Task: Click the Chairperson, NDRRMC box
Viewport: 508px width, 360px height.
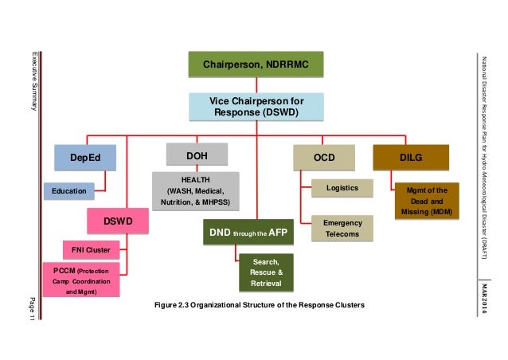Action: click(x=256, y=64)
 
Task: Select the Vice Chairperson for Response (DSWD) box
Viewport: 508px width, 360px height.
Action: click(x=256, y=108)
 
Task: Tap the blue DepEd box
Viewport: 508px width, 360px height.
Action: click(x=85, y=157)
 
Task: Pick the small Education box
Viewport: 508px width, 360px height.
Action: click(x=69, y=192)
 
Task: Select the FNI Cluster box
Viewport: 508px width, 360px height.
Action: click(x=90, y=250)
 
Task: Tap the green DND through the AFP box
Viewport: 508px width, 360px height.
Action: click(x=248, y=233)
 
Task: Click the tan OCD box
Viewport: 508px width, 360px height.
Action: click(x=323, y=158)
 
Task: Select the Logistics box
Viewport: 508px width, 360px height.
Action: click(x=342, y=188)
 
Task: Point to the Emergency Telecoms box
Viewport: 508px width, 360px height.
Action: click(x=342, y=229)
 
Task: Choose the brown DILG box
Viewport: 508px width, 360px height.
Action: click(x=410, y=158)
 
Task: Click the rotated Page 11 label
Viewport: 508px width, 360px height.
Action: click(x=33, y=307)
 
